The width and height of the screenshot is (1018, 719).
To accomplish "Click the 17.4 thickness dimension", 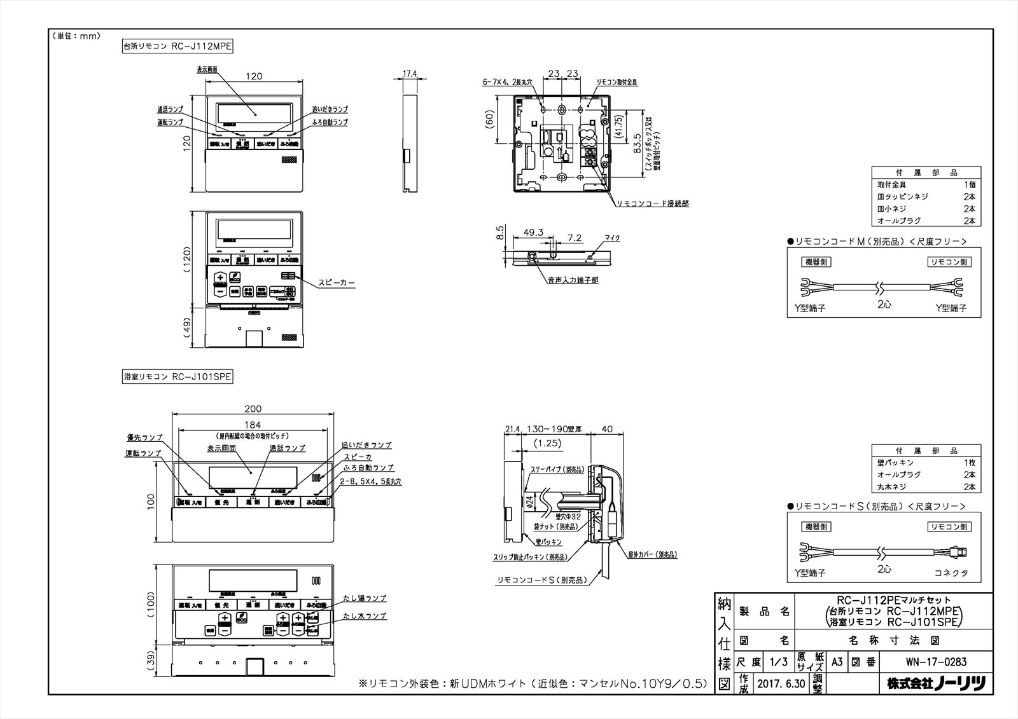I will [x=410, y=74].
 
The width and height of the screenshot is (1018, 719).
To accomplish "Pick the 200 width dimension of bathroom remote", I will [x=253, y=409].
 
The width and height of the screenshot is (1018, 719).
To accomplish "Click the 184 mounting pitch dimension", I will [x=253, y=425].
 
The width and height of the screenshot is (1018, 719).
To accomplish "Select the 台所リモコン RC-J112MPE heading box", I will [x=178, y=46].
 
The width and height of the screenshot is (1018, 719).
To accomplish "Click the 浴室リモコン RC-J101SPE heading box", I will [x=178, y=377].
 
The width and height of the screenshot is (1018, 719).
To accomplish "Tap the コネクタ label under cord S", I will [x=951, y=573].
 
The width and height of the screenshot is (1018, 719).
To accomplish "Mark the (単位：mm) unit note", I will [x=76, y=36].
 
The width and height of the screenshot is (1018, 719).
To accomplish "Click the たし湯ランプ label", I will [x=365, y=598].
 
